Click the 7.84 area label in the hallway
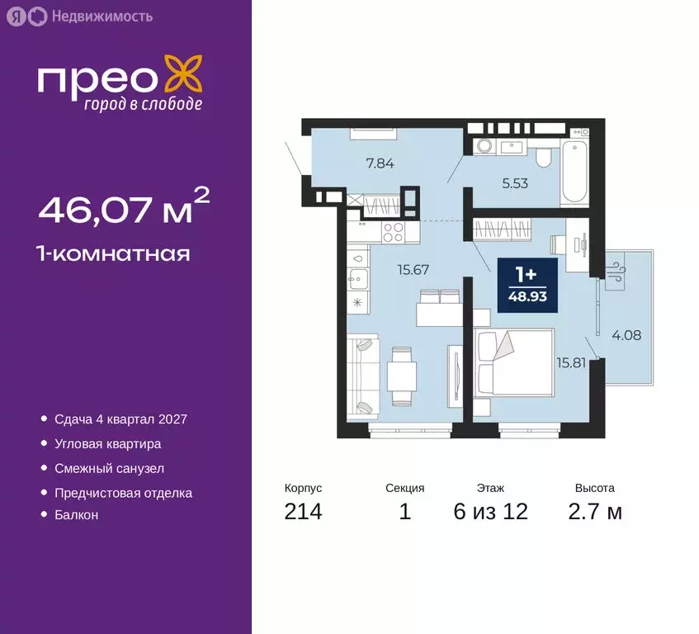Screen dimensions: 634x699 coord(380,163)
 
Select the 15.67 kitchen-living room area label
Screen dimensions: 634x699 coord(391,268)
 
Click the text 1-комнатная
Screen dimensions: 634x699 coord(114,253)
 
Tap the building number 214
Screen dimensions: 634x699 coord(303,512)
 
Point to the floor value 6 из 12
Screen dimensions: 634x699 coord(490,512)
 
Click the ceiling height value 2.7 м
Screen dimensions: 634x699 coord(595,512)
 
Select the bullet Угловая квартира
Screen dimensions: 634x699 coord(107,443)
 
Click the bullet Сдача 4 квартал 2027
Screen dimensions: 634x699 coord(120,419)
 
